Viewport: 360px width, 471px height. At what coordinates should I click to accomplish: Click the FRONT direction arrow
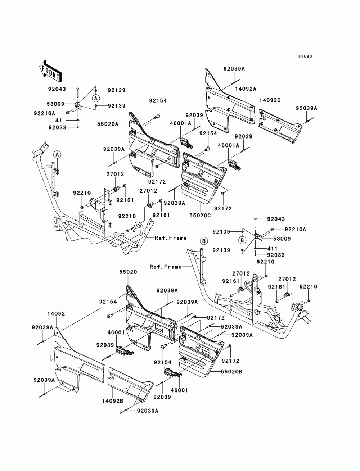[50, 71]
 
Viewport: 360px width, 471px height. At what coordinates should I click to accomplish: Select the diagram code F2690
[305, 56]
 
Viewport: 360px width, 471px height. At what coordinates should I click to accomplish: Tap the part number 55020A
[108, 124]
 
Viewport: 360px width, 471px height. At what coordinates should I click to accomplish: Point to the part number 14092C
[270, 100]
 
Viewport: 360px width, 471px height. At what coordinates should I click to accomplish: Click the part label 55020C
[200, 215]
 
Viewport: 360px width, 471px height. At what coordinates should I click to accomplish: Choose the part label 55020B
[231, 371]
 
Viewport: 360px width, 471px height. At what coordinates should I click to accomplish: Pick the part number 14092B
[113, 401]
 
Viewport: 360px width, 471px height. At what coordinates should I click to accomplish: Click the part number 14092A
[246, 89]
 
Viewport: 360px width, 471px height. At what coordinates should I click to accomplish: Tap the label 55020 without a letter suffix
[129, 272]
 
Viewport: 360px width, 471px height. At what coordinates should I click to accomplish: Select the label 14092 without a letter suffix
[56, 314]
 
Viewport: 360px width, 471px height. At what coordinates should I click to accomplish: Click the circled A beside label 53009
[96, 98]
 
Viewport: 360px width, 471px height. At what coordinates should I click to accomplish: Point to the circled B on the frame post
[204, 241]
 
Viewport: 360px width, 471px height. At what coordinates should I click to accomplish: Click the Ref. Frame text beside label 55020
[166, 267]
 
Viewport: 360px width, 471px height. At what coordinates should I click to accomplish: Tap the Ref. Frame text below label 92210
[171, 238]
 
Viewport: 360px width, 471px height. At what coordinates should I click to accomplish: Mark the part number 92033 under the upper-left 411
[57, 127]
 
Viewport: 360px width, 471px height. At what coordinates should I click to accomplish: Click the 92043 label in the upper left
[57, 89]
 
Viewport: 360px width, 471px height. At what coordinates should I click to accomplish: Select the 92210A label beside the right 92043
[296, 230]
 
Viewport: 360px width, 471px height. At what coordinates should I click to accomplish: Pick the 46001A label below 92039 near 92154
[180, 123]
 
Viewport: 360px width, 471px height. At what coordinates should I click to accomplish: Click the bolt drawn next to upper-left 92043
[77, 94]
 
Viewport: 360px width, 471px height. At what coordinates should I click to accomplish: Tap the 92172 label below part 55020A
[157, 182]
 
